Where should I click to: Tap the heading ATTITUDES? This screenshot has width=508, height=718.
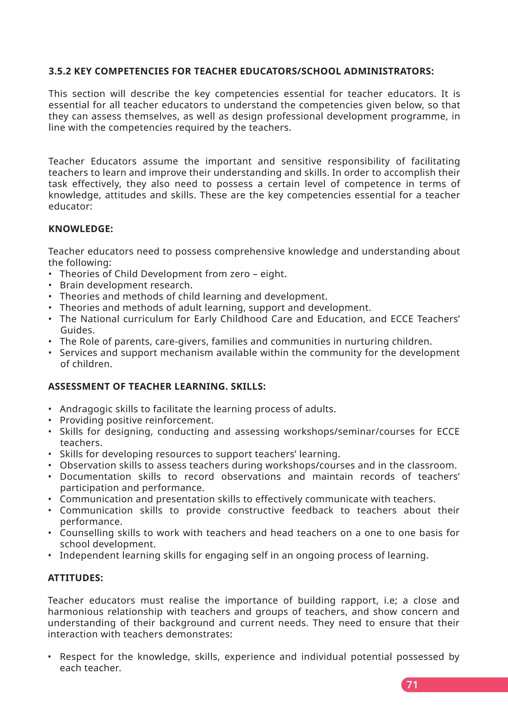[x=75, y=578]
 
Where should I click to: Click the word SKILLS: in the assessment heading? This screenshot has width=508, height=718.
[x=248, y=387]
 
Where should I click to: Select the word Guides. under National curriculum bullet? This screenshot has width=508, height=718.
[x=77, y=330]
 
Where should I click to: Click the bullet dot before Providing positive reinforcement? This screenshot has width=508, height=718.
[x=50, y=420]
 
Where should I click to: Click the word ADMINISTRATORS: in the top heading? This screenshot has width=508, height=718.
[x=389, y=71]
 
